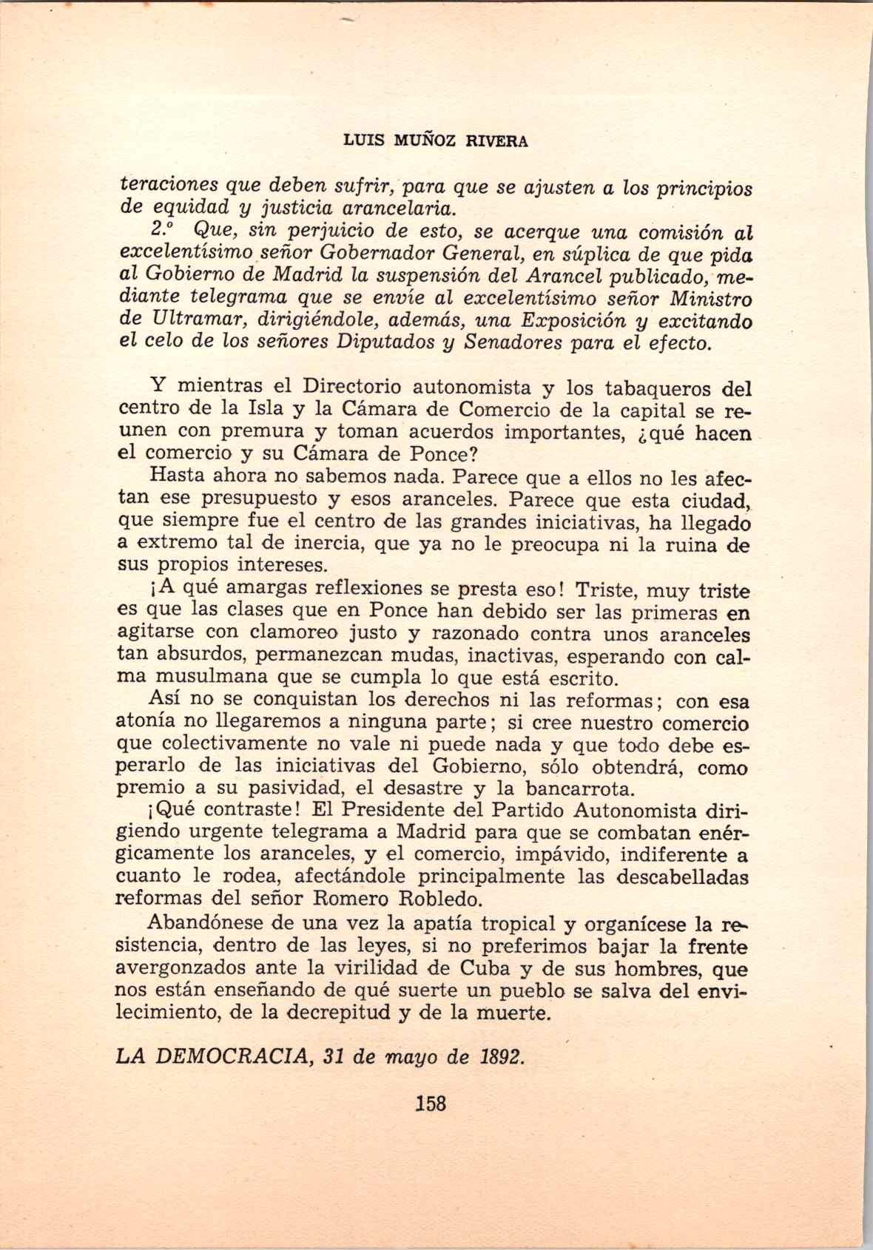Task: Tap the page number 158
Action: click(x=431, y=1104)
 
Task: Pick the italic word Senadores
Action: click(x=513, y=344)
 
